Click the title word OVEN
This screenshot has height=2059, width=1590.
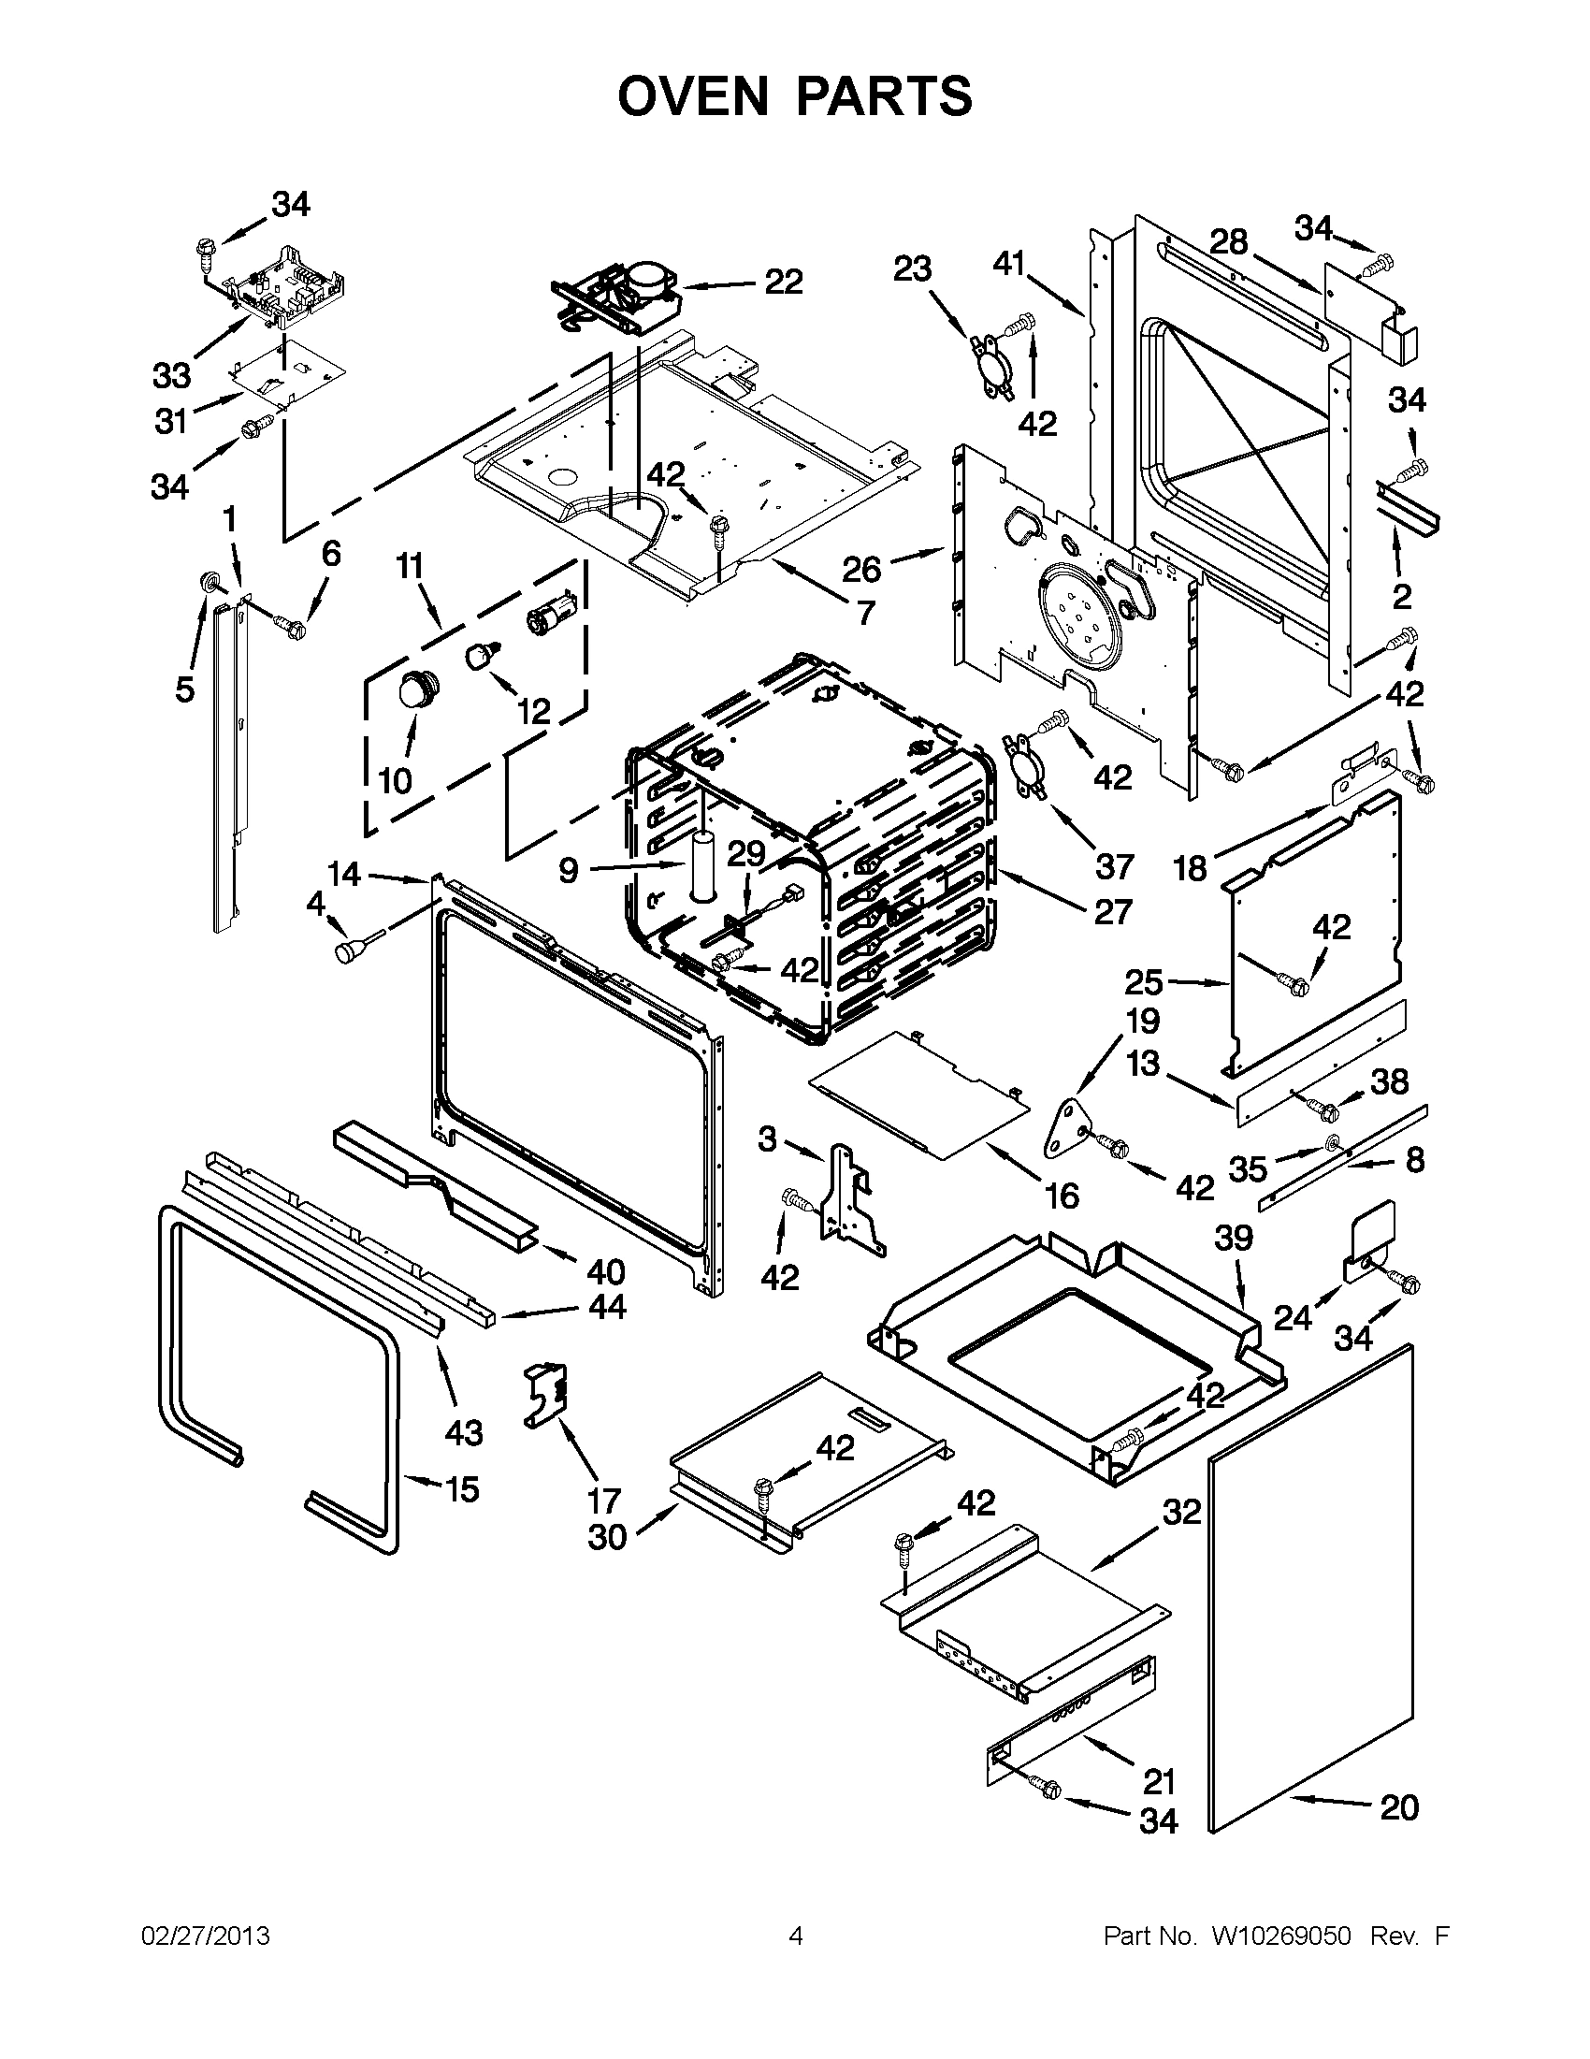point(700,96)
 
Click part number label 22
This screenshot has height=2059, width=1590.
point(783,281)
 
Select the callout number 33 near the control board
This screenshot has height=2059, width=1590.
point(171,375)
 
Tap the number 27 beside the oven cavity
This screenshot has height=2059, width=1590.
point(1112,912)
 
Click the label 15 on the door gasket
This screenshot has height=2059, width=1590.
point(461,1488)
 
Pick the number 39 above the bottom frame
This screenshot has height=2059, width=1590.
point(1234,1237)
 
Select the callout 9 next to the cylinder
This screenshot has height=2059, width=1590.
point(568,870)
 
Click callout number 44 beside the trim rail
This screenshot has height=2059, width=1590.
point(606,1307)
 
